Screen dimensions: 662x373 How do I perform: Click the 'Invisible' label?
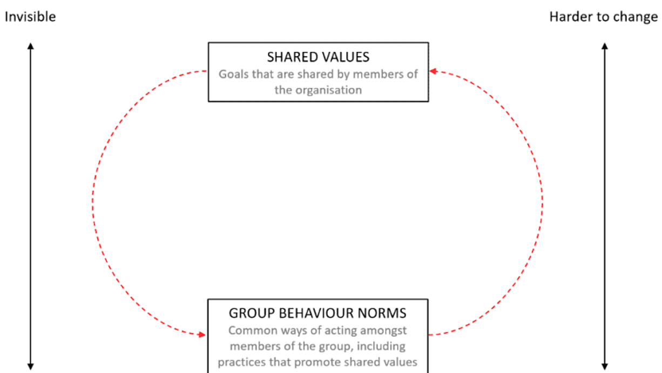[x=30, y=17]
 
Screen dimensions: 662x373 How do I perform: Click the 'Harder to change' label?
[x=604, y=17]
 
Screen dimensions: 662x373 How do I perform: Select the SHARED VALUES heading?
[x=318, y=57]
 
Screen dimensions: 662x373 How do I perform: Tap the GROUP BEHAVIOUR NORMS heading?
[x=318, y=313]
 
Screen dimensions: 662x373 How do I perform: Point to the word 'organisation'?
[x=329, y=90]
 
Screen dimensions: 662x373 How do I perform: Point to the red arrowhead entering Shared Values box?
[x=433, y=71]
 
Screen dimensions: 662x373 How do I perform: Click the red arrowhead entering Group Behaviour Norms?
[x=202, y=335]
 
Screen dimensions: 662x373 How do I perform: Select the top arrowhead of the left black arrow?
[x=31, y=46]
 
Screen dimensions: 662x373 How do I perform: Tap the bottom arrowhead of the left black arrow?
[x=31, y=367]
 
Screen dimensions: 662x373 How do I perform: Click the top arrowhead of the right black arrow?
[x=605, y=46]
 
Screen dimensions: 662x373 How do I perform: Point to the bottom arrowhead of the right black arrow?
[x=605, y=367]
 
